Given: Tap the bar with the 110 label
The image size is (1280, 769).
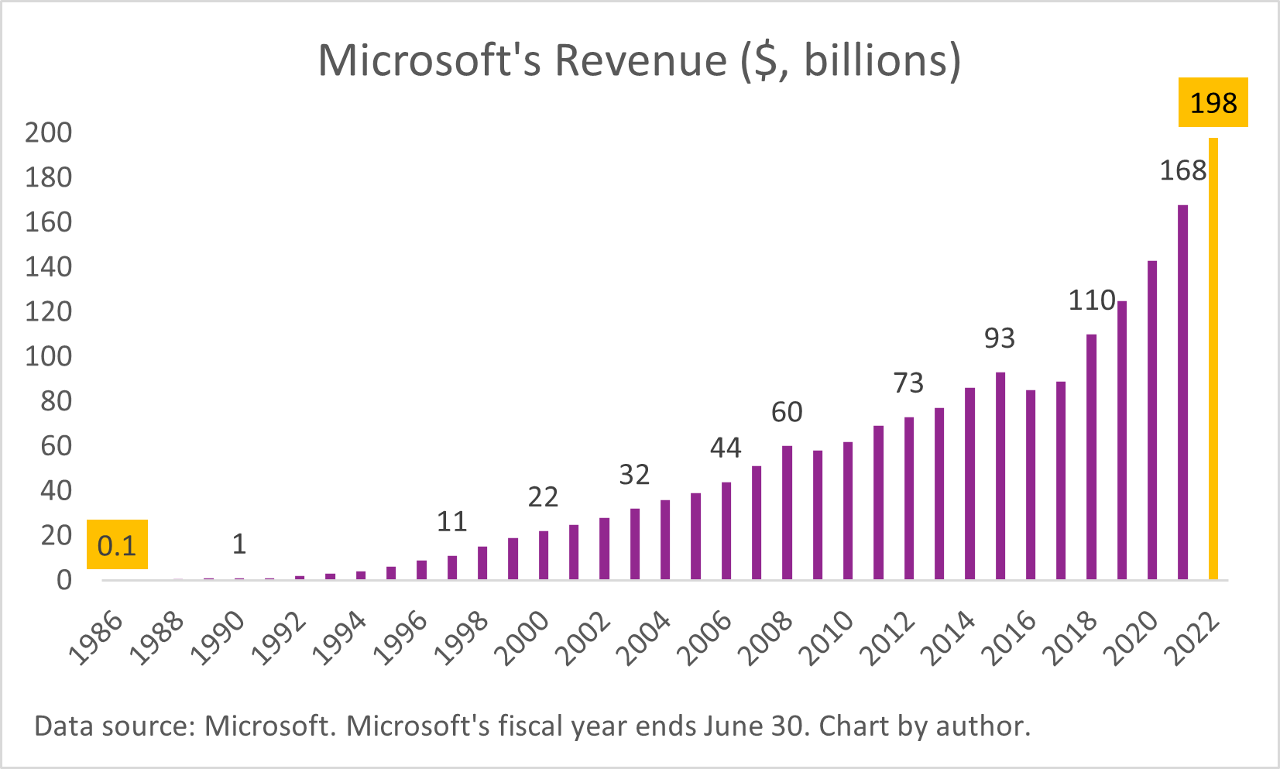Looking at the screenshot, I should [x=1091, y=457].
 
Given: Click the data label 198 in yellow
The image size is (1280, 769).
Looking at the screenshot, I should [x=1213, y=102].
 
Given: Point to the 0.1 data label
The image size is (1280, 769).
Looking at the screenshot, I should [x=117, y=545].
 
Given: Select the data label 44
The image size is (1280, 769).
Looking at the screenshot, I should [x=726, y=448].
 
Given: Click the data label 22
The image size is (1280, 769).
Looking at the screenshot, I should [x=543, y=496].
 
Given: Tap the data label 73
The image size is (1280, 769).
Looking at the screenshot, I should [x=908, y=383].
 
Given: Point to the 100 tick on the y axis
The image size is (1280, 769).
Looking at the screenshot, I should [x=48, y=356].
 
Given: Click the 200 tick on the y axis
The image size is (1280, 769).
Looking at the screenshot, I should [x=48, y=132].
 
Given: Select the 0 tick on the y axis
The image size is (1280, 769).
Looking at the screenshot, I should [x=64, y=580].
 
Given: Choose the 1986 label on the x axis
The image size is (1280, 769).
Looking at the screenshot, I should [x=97, y=639].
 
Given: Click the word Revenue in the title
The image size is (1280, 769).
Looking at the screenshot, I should [x=640, y=60].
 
